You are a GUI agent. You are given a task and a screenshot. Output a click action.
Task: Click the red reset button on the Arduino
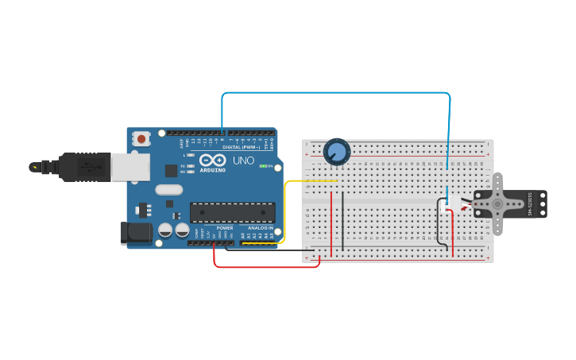[141, 139]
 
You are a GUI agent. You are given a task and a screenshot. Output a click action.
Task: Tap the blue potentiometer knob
[337, 151]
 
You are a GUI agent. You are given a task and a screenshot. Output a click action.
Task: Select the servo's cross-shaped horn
[496, 204]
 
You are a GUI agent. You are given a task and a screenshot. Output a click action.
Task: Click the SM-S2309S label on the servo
[530, 204]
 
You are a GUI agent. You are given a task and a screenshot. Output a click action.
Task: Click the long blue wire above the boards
[334, 93]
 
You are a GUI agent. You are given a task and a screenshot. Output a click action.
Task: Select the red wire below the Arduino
[266, 266]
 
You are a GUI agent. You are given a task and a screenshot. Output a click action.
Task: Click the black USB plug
[83, 167]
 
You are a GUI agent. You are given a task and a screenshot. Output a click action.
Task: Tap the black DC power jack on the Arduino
[135, 232]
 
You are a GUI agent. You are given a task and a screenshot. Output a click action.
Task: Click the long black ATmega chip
[232, 212]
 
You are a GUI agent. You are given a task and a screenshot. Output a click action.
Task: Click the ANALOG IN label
[259, 228]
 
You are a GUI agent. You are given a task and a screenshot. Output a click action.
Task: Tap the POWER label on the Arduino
[225, 228]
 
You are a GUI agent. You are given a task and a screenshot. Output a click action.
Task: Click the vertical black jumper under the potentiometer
[342, 219]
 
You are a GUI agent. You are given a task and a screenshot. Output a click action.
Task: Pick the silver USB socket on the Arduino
[130, 167]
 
